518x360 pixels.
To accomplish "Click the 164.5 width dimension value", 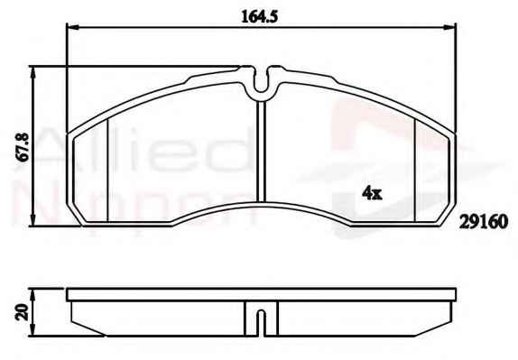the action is [x=259, y=16].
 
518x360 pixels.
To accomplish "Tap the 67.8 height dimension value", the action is [x=23, y=147].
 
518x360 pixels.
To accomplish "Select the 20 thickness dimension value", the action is [x=22, y=312].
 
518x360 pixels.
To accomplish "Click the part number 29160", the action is [x=484, y=222].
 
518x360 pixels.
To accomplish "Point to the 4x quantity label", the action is [x=372, y=192].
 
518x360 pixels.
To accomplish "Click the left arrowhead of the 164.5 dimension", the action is [x=73, y=28].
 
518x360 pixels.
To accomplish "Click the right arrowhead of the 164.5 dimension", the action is [x=449, y=28].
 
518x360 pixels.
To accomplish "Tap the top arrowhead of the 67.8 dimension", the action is [x=32, y=73].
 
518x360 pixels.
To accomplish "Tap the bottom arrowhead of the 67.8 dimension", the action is [x=32, y=220].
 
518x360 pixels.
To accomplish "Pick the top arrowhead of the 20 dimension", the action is [x=32, y=295].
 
